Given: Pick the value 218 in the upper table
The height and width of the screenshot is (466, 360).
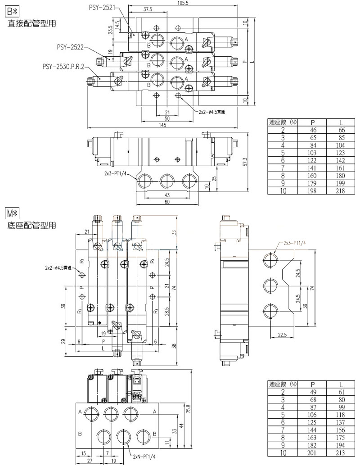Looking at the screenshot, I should click(x=341, y=191).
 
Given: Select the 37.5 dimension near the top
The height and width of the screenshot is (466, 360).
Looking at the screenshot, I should click(x=147, y=9).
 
